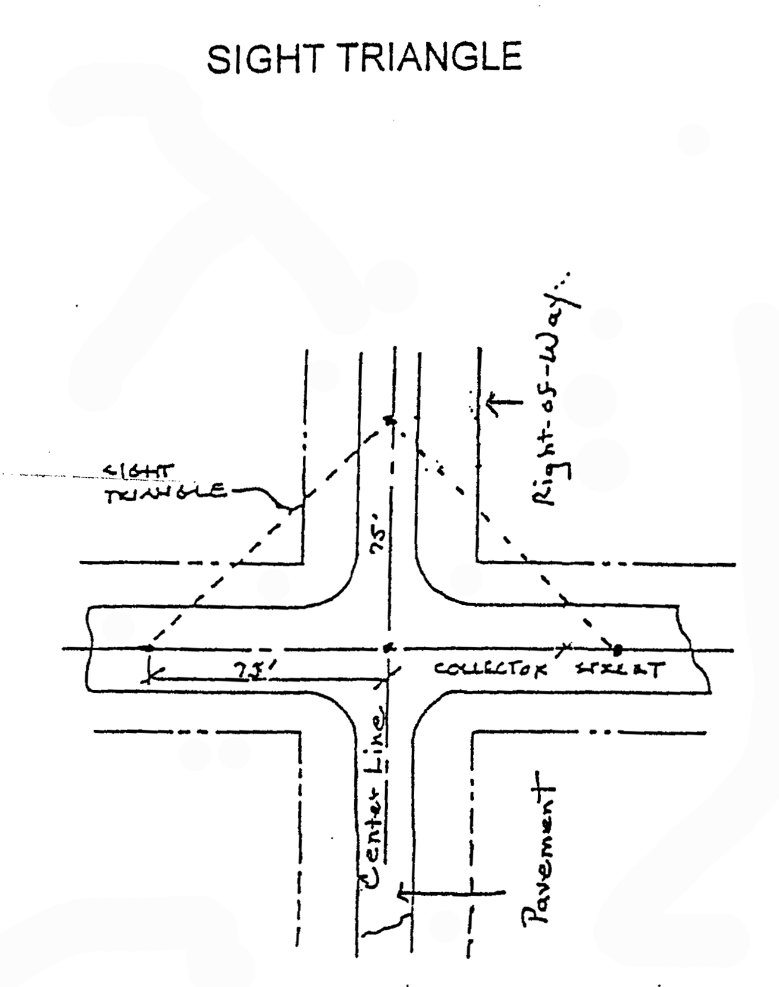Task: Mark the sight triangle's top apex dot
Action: coord(390,421)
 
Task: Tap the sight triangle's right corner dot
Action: coord(618,648)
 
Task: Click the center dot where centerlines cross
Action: coord(389,648)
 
